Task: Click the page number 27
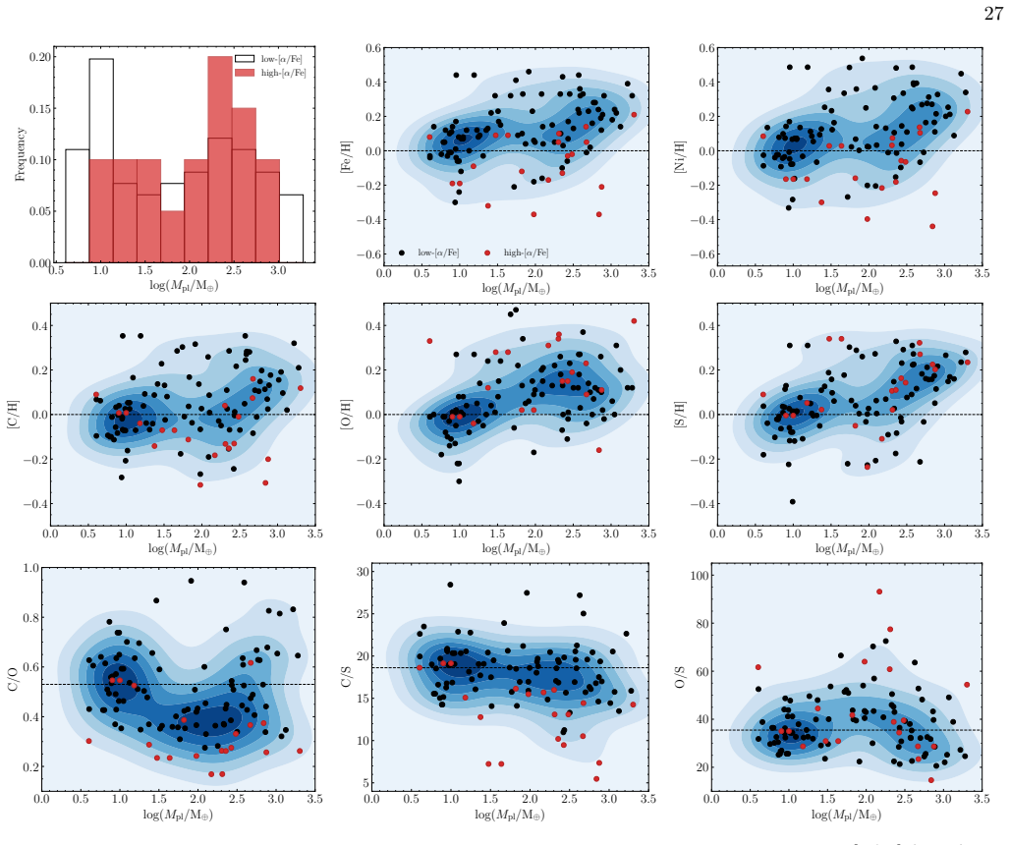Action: point(992,13)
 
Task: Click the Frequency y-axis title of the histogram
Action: point(20,154)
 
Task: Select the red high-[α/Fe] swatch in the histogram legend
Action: point(245,73)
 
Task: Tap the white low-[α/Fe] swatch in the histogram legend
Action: point(245,59)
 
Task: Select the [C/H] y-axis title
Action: point(14,415)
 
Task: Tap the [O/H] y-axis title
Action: point(346,415)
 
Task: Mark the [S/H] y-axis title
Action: point(680,415)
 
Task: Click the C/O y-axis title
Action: point(13,679)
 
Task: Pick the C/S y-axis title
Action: point(346,676)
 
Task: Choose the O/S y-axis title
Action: point(680,676)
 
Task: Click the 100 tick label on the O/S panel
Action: point(699,576)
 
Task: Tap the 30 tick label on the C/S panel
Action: point(363,571)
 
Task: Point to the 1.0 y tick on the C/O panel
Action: point(30,568)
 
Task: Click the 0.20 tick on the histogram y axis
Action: point(39,57)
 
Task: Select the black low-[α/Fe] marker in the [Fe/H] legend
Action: point(402,253)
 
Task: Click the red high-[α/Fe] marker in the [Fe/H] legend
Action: point(487,253)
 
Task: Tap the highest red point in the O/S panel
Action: point(879,591)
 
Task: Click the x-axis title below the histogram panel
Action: point(185,285)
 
